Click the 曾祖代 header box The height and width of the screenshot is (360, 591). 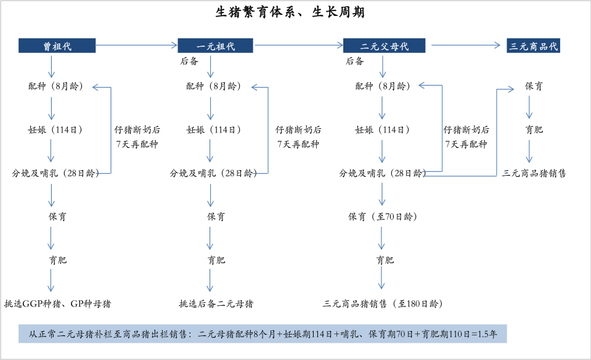click(57, 46)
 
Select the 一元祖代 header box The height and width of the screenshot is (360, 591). click(216, 46)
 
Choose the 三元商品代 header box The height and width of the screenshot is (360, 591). click(533, 46)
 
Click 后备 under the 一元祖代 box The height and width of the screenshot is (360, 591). click(188, 61)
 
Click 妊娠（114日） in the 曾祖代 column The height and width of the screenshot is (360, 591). click(52, 130)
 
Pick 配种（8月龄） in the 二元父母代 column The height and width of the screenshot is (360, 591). click(382, 86)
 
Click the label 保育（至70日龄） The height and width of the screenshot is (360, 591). click(382, 217)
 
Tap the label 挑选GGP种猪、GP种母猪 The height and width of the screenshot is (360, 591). click(58, 304)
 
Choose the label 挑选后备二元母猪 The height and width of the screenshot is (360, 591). click(215, 304)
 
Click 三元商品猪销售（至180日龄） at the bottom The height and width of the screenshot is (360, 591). click(382, 304)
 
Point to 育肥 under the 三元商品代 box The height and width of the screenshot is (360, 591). click(534, 130)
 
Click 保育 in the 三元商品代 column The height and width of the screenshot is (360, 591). click(534, 86)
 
